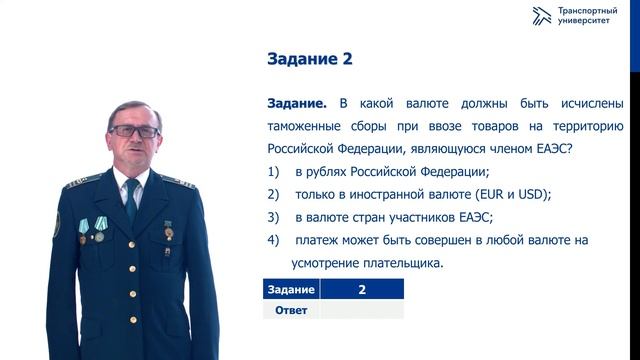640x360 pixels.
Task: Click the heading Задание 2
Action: point(310,59)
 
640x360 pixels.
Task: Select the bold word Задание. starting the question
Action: point(298,103)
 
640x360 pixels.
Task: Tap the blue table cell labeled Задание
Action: point(291,289)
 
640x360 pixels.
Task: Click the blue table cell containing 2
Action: point(361,289)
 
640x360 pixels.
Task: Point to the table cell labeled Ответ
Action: point(291,309)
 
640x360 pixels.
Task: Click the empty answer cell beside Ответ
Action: point(361,309)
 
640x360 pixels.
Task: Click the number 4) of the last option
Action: point(273,241)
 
